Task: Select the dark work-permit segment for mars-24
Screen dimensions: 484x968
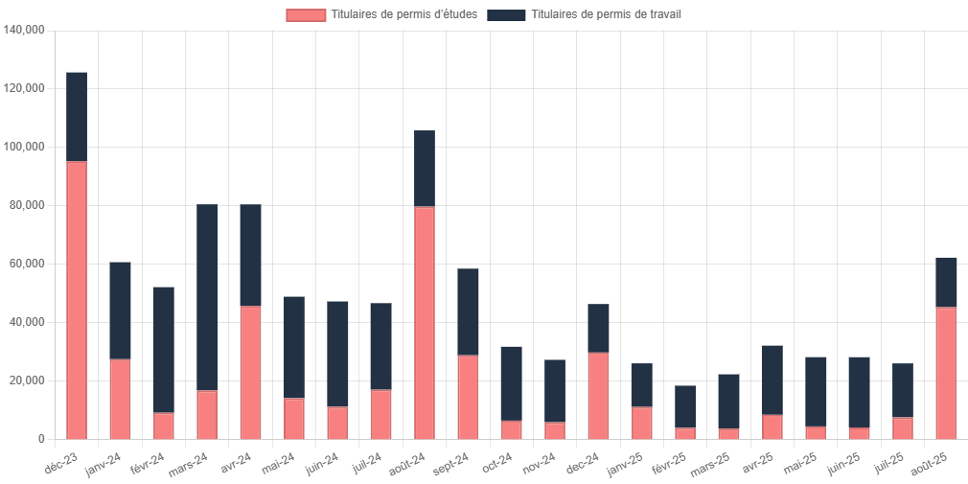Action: coord(207,297)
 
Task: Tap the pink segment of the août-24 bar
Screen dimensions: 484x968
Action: coord(425,322)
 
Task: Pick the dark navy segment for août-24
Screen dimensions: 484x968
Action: coord(425,169)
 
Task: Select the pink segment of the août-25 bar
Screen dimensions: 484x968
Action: coord(946,373)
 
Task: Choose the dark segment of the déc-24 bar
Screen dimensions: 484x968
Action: coord(599,328)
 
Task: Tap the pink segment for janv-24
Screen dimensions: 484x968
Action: coord(120,399)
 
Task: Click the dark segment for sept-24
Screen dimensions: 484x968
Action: coord(469,311)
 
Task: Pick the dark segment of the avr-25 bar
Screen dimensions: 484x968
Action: coord(772,380)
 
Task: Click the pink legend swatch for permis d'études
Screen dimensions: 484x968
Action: coord(306,15)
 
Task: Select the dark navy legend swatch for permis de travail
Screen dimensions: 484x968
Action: coord(506,15)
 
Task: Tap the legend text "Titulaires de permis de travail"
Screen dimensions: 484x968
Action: coord(608,15)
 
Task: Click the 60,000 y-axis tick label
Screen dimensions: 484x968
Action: coord(29,265)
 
